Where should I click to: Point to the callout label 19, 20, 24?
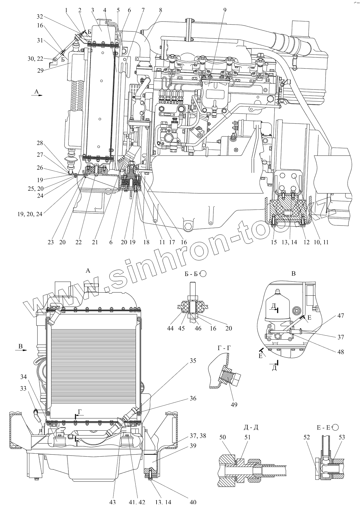(x=30, y=214)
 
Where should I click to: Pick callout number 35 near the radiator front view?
(x=193, y=361)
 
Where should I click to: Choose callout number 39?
(x=193, y=446)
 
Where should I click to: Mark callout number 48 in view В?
(x=340, y=352)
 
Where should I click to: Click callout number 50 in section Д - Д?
(x=223, y=437)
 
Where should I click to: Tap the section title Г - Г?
(x=224, y=348)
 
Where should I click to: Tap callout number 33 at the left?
(x=23, y=389)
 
